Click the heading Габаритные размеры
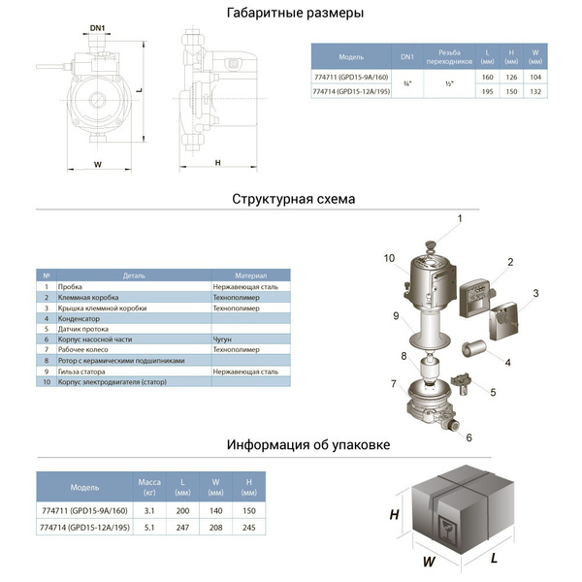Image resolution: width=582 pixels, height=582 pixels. point(295,14)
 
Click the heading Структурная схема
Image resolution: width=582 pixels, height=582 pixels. point(293,199)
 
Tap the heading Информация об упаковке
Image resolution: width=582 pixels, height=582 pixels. point(308,445)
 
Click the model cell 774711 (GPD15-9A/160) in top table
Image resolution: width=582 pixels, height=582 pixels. point(351,78)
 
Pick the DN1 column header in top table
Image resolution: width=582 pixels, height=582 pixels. point(407,57)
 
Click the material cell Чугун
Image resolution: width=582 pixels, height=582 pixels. point(223,339)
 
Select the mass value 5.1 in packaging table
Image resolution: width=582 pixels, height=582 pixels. point(148,528)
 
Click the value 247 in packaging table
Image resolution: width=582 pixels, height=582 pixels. point(183,528)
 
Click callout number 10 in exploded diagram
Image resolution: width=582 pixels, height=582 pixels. point(389,258)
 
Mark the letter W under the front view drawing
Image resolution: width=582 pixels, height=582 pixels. point(97,164)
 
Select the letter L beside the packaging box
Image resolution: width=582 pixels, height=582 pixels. point(494,560)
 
